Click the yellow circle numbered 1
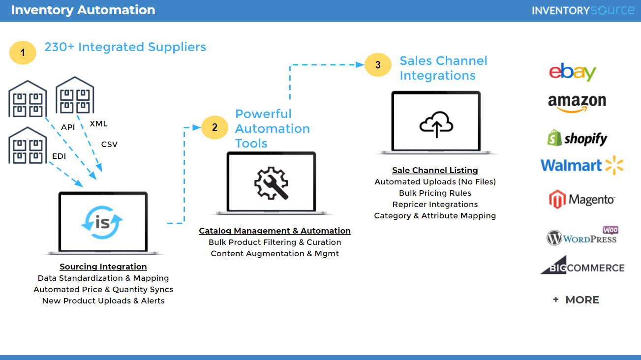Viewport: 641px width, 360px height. pos(23,52)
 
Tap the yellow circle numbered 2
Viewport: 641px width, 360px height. pos(214,127)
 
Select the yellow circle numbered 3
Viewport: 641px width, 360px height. pos(378,65)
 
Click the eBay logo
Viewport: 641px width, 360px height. pos(573,72)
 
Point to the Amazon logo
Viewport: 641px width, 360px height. pos(577,103)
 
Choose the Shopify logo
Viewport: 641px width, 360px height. pos(577,138)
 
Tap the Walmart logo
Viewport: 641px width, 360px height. pos(581,165)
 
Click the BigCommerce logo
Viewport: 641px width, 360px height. pos(582,266)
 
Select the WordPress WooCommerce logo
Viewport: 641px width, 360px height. pos(582,237)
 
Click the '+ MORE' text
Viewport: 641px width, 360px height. pos(576,300)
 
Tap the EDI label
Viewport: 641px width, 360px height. pos(59,156)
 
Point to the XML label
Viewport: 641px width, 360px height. pos(98,124)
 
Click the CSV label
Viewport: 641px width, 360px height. pos(109,144)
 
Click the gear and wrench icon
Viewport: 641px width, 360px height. pos(271,182)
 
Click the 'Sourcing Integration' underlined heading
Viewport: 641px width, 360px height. pos(103,267)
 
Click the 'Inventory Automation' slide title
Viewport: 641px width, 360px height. pos(83,10)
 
